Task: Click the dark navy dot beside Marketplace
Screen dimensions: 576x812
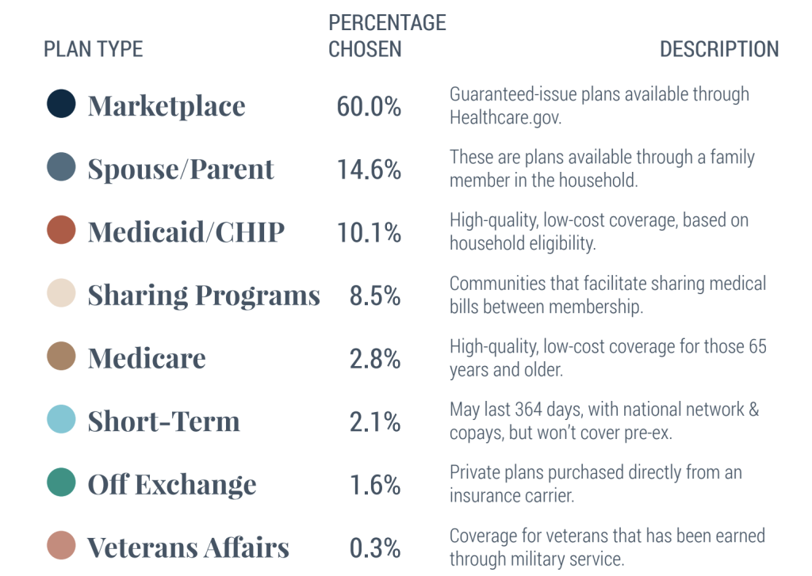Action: coord(61,104)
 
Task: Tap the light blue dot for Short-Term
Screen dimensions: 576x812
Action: coord(61,420)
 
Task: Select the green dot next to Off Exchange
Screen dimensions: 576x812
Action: coord(61,483)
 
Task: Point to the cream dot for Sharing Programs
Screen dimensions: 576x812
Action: coord(61,293)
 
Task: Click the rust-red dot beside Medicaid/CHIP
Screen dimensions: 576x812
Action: coord(61,231)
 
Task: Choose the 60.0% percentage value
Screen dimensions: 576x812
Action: coord(369,106)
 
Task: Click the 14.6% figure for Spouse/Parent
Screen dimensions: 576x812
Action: coord(369,170)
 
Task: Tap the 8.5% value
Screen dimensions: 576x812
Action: coord(375,296)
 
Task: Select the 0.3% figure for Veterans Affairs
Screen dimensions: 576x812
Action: coord(375,548)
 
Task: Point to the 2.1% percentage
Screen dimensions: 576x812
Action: coord(375,422)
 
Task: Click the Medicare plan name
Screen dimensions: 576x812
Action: coord(147,358)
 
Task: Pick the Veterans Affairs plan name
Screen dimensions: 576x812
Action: coord(188,547)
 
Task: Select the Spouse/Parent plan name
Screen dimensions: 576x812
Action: coord(181,170)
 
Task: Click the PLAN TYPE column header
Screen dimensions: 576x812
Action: coord(93,49)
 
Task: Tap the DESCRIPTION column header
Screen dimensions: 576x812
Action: coord(719,49)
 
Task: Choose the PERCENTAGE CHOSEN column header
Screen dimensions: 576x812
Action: coord(387,36)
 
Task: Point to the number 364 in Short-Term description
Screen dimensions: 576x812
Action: coord(532,410)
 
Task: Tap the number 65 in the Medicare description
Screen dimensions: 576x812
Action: coord(756,346)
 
